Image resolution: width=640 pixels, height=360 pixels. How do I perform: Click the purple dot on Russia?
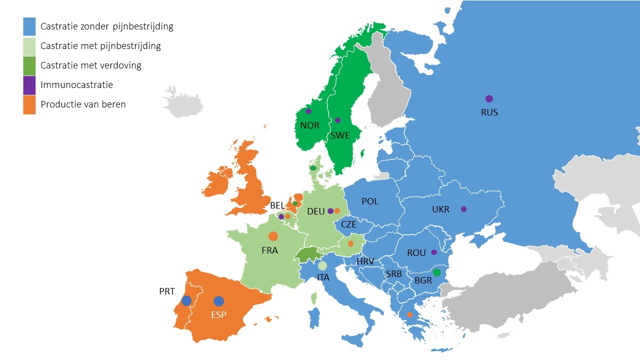pos(489,99)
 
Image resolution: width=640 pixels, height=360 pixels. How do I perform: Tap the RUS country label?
pos(489,112)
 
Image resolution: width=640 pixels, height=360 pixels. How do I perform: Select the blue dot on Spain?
pos(218,301)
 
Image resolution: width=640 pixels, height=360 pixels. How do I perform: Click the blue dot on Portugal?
pos(186,300)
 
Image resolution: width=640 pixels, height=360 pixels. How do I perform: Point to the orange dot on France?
pos(273,236)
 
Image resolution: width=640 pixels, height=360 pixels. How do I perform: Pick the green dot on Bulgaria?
pos(437,272)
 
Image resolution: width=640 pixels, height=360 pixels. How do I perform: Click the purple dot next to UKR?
pos(463,209)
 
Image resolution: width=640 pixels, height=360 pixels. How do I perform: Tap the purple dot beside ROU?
pos(434,252)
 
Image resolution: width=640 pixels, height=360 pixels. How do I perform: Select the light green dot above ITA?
pos(322,265)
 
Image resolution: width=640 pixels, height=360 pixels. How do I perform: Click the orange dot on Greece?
pos(409,314)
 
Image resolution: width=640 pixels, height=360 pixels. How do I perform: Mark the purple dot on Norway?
pos(308,111)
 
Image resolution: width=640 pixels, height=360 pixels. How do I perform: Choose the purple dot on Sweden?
pos(337,120)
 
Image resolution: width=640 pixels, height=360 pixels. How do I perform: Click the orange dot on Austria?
pos(350,243)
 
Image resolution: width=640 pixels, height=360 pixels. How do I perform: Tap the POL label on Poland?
pos(370,201)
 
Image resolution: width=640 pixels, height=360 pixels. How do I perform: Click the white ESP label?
pos(218,314)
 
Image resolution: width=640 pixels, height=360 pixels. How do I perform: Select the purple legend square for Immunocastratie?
pos(29,85)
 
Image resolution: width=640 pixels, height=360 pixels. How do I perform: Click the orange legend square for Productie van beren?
pos(29,104)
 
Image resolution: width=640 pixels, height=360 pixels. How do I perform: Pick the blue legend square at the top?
pos(29,26)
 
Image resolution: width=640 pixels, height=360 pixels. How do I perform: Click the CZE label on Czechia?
pos(348,224)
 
